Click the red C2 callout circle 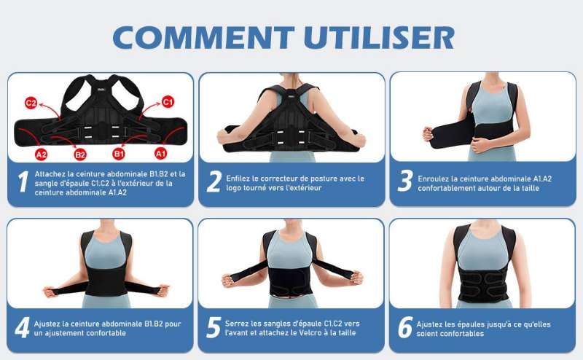pos(31,103)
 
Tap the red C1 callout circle pos(168,101)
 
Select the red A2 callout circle pos(41,154)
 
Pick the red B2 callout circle pos(80,154)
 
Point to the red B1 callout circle pos(119,154)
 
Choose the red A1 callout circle pos(160,153)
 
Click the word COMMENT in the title pos(204,38)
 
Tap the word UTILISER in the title pos(379,38)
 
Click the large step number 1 pos(23,181)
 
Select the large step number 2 pos(214,181)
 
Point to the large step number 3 pos(405,181)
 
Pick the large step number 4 pos(23,328)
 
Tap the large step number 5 pos(214,328)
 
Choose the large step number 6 pos(406,328)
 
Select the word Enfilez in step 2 pos(238,179)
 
